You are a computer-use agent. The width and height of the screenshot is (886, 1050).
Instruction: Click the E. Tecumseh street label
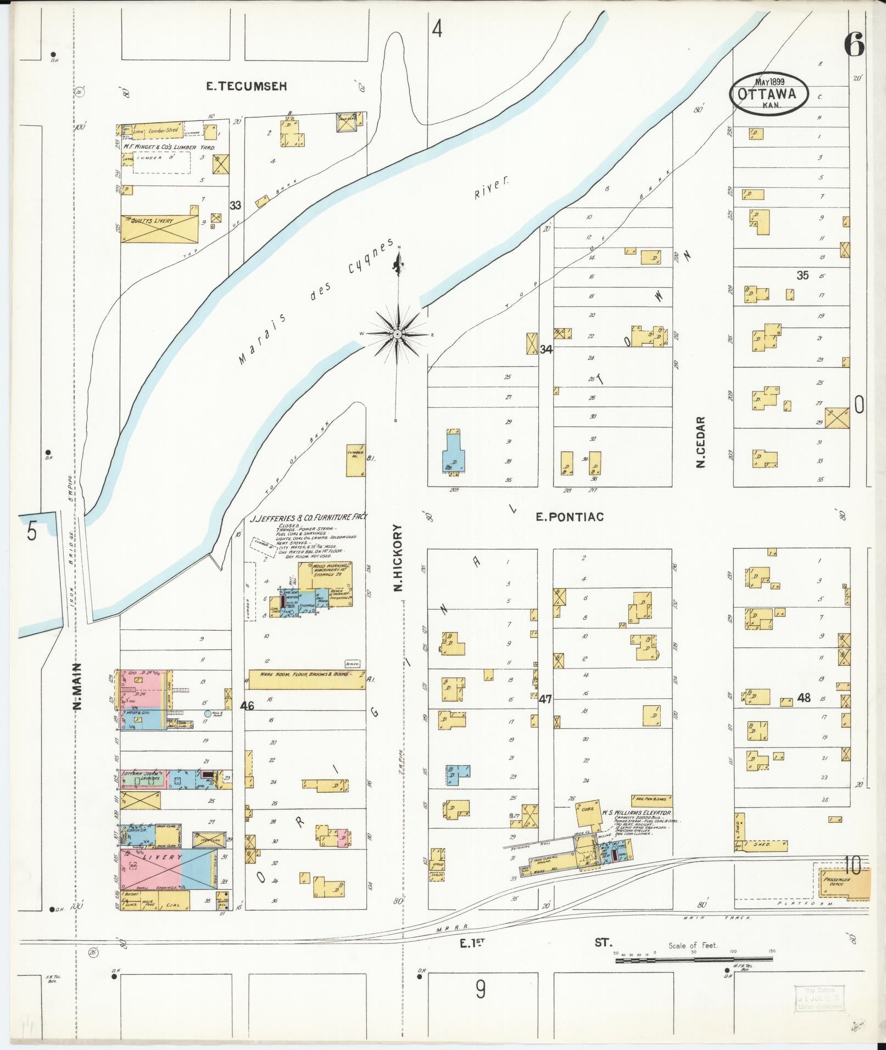pos(247,87)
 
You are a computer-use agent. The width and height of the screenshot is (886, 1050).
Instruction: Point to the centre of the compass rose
pos(397,334)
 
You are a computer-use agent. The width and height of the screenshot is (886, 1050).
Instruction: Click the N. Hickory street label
pos(398,557)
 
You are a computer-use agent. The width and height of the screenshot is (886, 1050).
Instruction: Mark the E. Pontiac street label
pos(570,517)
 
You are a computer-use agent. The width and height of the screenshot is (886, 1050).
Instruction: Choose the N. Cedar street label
pos(700,442)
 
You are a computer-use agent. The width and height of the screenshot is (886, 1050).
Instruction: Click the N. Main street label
pos(77,686)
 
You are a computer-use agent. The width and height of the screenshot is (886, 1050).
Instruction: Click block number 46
pos(247,706)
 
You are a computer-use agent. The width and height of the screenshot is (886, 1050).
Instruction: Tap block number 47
pos(545,699)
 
